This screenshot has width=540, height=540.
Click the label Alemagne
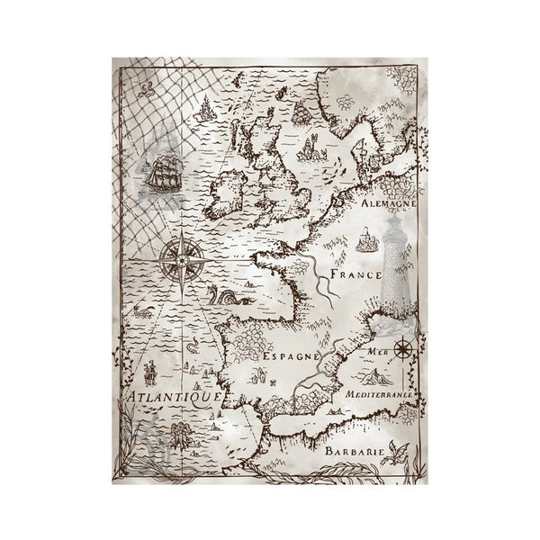pos(388,204)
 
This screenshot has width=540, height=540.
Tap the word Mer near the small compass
pos(377,351)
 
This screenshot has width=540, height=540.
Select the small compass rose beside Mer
pos(401,344)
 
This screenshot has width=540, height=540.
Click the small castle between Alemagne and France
pos(366,240)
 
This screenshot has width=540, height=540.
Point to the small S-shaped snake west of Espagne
pos(192,346)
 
